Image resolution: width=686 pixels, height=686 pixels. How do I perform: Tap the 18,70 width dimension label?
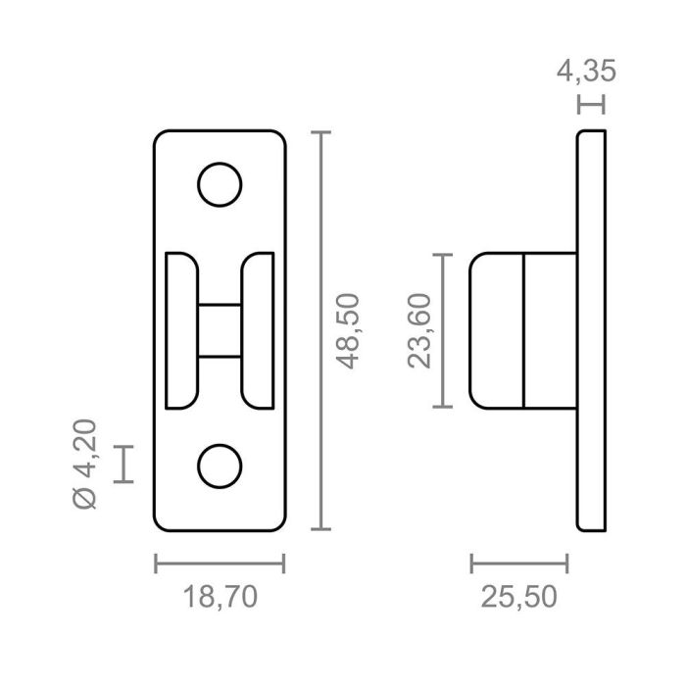[x=220, y=596]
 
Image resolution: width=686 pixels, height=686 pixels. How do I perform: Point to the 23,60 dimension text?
[x=420, y=331]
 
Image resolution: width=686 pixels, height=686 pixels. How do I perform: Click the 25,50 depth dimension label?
[x=519, y=596]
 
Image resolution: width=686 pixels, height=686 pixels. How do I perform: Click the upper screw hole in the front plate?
[x=220, y=183]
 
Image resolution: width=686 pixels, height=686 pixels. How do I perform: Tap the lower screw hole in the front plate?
[x=220, y=466]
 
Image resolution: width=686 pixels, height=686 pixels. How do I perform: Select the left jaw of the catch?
[x=181, y=330]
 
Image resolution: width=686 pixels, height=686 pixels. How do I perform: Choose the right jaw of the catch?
[x=258, y=330]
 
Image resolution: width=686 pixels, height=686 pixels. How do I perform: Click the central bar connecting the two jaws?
[x=220, y=330]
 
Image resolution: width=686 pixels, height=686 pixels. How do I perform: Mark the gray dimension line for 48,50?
[x=323, y=330]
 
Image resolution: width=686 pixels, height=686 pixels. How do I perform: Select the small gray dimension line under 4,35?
[x=591, y=103]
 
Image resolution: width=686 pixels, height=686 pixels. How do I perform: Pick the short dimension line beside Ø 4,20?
[x=123, y=464]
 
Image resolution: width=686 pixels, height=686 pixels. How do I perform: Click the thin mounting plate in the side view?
[x=591, y=330]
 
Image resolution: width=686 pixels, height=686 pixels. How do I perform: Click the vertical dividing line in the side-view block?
[x=524, y=330]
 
